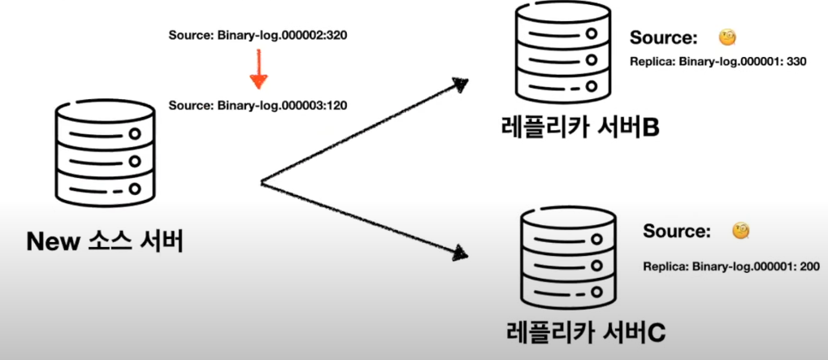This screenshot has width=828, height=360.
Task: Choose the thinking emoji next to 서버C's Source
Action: pos(739,231)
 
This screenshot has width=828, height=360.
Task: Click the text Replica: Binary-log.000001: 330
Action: pos(718,62)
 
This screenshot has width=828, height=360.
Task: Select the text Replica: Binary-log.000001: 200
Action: pos(730,266)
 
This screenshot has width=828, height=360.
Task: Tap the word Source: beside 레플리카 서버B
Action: pos(664,38)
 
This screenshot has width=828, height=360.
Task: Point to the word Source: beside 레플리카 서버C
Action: pos(676,232)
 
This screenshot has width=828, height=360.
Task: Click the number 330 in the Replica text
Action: pos(795,62)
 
